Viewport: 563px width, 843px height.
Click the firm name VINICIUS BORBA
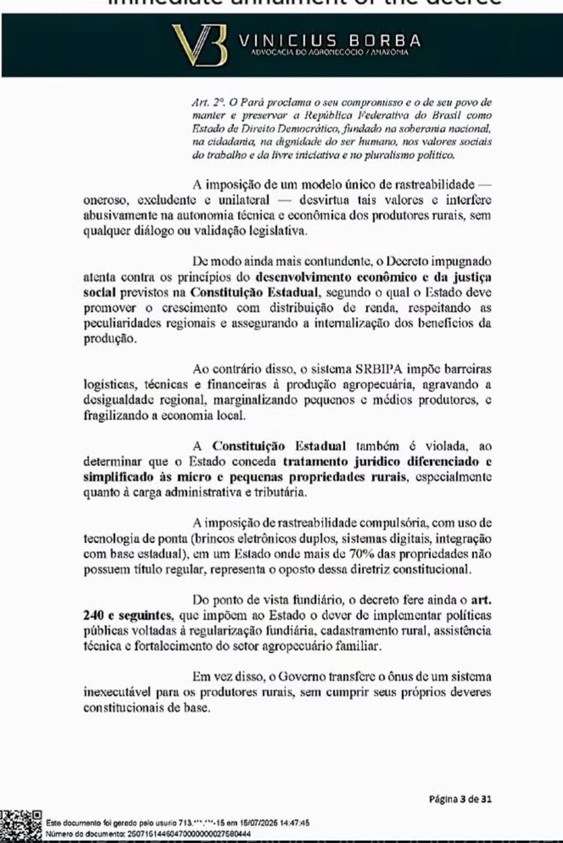pos(330,41)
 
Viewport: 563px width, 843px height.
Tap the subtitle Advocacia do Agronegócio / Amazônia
pos(330,53)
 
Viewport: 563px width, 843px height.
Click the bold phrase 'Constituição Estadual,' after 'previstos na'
pos(254,292)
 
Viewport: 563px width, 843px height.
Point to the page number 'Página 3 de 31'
pos(460,799)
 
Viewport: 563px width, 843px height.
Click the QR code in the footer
pos(20,826)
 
